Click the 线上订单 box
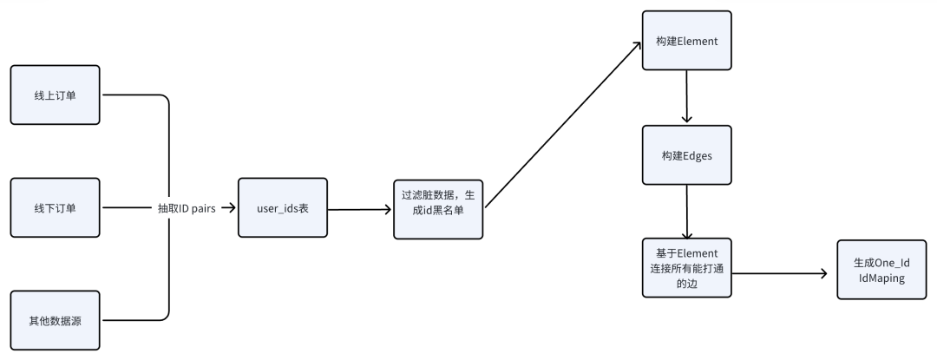[55, 95]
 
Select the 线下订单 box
[55, 208]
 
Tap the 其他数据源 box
[55, 321]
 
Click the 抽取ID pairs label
[186, 209]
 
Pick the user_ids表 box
[282, 208]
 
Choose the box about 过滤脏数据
[438, 209]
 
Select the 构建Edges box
[686, 155]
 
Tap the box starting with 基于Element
[686, 268]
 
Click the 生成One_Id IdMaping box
[881, 270]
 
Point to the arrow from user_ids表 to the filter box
[360, 209]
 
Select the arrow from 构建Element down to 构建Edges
[686, 97]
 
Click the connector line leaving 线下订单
[127, 208]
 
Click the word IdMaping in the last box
[881, 278]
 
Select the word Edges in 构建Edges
[696, 155]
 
